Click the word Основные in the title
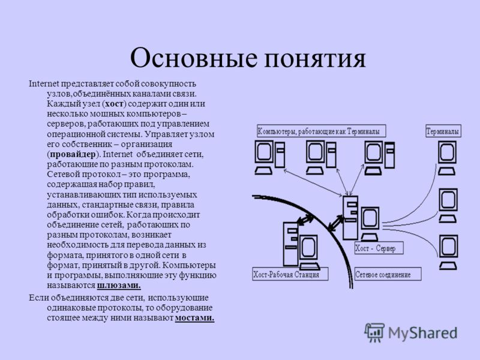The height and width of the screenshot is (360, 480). coord(193,58)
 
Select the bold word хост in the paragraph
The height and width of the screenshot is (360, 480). coord(114,104)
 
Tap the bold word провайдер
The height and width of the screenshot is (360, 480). coord(72,154)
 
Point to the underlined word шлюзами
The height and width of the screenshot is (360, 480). coord(119,286)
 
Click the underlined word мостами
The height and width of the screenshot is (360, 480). coord(194,318)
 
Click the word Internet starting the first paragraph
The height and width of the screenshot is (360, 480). coord(44,83)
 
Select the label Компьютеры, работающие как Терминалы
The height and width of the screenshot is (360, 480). coord(321,131)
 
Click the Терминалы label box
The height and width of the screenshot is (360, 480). coord(443,131)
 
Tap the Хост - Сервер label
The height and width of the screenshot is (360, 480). coord(379,248)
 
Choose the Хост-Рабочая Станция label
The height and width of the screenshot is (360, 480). coord(290,274)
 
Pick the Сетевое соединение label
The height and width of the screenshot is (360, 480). coord(388,274)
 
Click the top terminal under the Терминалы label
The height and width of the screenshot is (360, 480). coord(447,158)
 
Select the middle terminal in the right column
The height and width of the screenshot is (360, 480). coord(448,205)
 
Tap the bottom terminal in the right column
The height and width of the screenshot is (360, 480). coord(448,252)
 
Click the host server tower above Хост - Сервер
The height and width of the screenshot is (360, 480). coord(350,218)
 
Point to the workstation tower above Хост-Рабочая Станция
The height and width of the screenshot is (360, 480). coord(290,244)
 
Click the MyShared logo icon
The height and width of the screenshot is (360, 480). coord(374,332)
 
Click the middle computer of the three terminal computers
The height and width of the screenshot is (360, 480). coord(321,157)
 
